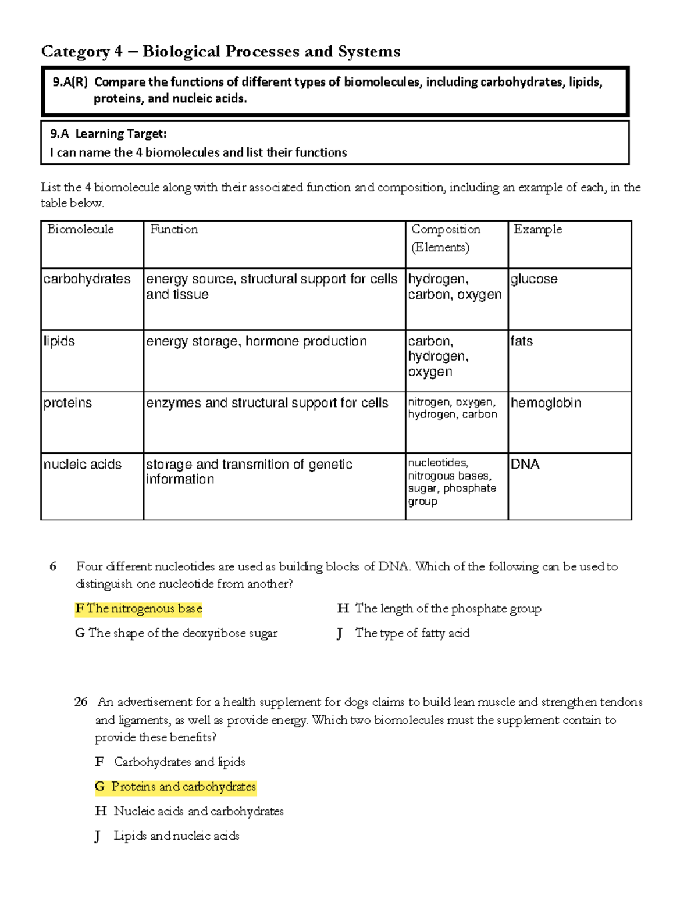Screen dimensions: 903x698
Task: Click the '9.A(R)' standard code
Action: pos(69,82)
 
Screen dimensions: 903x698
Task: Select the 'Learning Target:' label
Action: pos(120,134)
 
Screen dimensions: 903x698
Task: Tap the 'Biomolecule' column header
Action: pos(80,229)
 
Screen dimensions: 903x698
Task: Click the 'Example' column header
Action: pos(537,229)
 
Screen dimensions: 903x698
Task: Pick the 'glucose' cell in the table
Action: pos(534,279)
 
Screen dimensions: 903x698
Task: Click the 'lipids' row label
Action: pos(59,341)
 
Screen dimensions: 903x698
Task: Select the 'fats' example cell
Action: pos(522,341)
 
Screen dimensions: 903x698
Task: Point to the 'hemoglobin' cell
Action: pos(546,403)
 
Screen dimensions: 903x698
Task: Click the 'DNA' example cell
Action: pos(525,465)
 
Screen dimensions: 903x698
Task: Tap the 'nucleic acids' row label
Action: pos(82,465)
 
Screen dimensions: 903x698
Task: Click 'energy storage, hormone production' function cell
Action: pos(256,341)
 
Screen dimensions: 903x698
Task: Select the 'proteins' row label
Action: pos(67,403)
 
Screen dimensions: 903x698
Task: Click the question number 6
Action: pos(53,567)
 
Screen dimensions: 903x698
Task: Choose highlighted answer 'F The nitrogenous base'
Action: pos(138,609)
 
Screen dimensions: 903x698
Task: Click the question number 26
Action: pos(81,702)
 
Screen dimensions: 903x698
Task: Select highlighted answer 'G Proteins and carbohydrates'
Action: pos(175,787)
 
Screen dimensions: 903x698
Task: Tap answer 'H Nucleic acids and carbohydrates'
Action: pos(190,811)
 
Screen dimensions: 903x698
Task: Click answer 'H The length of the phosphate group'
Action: pos(439,609)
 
